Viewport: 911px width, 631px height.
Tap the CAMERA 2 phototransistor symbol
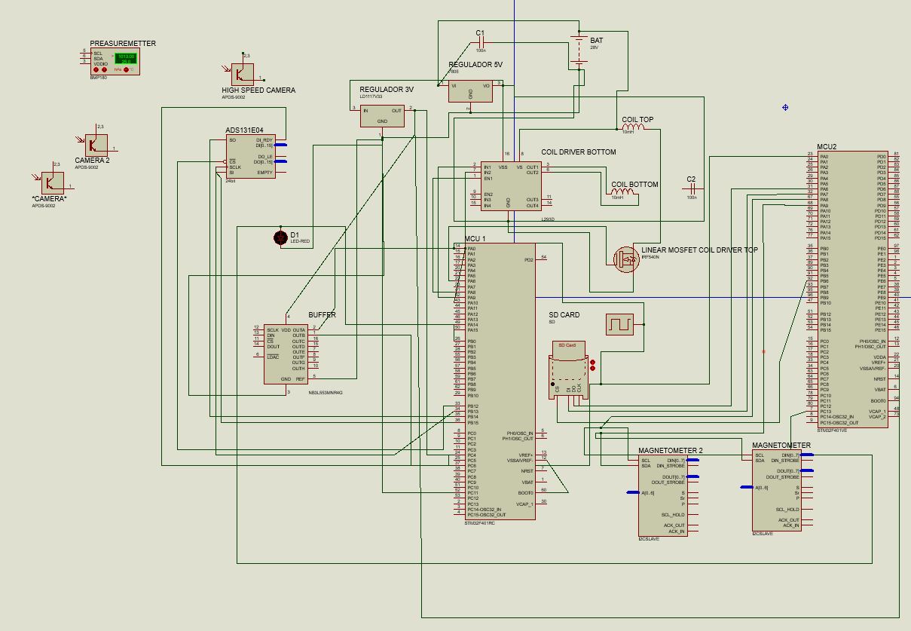pos(96,145)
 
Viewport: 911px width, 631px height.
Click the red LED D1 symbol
pos(281,237)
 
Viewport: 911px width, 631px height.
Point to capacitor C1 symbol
pos(481,41)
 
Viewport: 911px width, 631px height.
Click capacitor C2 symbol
pos(691,188)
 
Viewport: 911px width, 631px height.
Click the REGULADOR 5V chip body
pos(470,90)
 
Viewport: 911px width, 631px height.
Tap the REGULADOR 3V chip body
pos(382,115)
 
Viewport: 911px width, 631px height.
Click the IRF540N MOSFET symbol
pos(625,258)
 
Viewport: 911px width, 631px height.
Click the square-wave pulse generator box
pos(619,324)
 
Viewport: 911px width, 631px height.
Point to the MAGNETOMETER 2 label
pos(670,451)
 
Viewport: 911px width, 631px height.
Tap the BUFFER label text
pos(322,315)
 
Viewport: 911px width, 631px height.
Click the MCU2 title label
pos(827,147)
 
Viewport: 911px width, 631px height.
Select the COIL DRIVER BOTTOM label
pos(578,152)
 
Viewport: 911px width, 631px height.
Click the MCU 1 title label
pos(475,239)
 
